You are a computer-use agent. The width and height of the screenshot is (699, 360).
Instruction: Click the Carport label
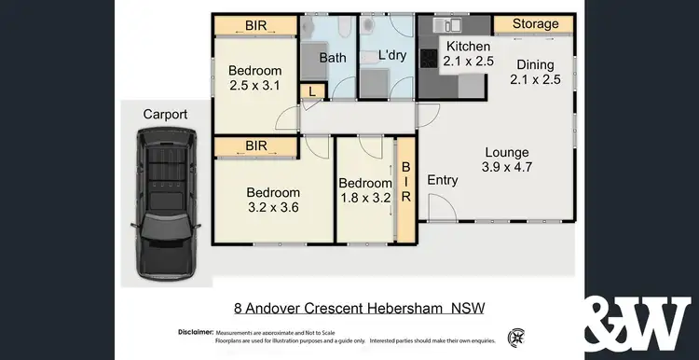pyautogui.click(x=165, y=115)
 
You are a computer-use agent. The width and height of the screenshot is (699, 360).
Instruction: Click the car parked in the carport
pyautogui.click(x=167, y=205)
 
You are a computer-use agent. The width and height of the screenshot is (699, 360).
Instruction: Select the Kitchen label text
pyautogui.click(x=468, y=47)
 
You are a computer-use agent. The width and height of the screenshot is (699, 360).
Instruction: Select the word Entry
pyautogui.click(x=443, y=180)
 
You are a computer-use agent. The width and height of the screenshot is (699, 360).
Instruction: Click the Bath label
pyautogui.click(x=333, y=58)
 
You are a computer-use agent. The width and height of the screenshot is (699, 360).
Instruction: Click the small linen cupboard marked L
pyautogui.click(x=311, y=90)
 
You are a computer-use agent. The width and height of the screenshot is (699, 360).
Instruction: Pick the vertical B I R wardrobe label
pyautogui.click(x=406, y=183)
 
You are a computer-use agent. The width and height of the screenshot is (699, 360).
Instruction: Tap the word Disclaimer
pyautogui.click(x=195, y=333)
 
